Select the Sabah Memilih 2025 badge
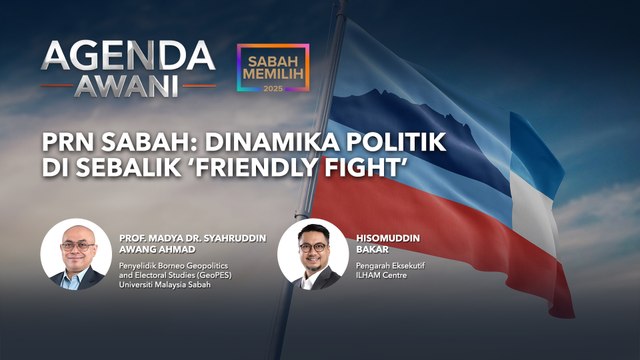(x=273, y=70)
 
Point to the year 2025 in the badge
(x=273, y=90)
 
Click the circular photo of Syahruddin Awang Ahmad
(x=75, y=255)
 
